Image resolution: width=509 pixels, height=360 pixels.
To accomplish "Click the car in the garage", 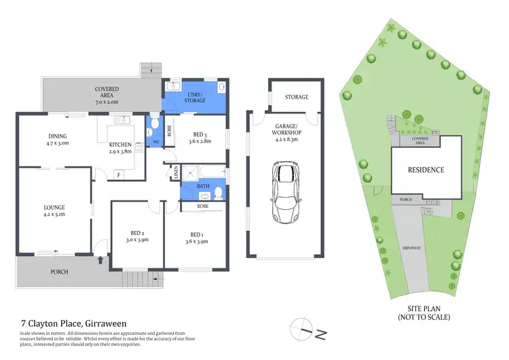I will [x=286, y=192].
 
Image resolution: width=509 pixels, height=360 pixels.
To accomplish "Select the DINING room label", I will [x=58, y=135].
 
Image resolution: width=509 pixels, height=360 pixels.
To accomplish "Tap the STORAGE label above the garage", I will [x=295, y=97].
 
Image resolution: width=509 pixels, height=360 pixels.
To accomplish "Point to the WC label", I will [x=155, y=142].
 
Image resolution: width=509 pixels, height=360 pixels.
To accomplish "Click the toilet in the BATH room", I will [x=219, y=194].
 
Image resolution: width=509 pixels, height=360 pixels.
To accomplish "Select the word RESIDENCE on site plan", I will [x=426, y=170].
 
